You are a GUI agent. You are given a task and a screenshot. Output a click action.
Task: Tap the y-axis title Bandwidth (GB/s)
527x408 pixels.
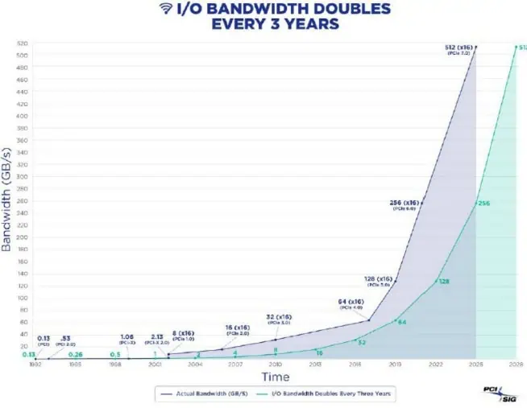point(7,201)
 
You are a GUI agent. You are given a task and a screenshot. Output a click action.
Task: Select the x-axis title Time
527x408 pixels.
point(275,376)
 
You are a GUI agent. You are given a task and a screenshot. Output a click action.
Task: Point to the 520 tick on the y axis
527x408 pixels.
point(23,43)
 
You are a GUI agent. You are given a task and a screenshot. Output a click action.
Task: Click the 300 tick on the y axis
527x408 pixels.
point(23,176)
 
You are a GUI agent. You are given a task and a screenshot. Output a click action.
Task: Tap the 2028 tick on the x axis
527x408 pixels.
point(517,364)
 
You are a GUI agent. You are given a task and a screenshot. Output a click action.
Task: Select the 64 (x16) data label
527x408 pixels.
point(351,302)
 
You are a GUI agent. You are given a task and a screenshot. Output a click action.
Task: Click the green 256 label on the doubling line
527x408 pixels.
point(484,204)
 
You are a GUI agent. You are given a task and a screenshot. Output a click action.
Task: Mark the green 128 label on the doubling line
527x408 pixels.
point(442,282)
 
